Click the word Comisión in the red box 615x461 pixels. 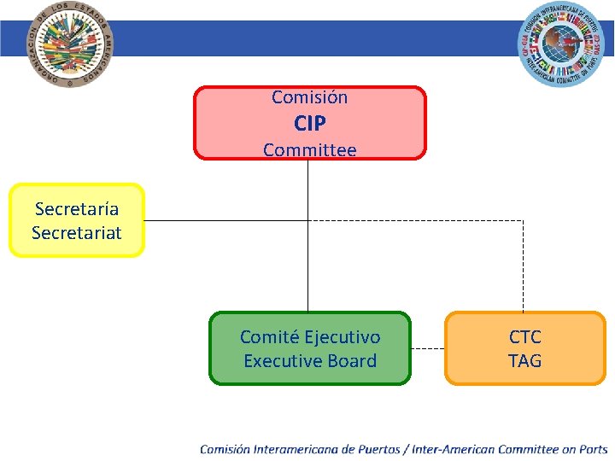tap(309, 97)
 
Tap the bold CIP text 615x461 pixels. tap(309, 124)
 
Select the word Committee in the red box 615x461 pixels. tap(309, 150)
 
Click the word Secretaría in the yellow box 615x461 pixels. tap(77, 209)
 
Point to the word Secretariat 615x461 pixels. tap(77, 232)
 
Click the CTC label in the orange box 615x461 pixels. tap(524, 337)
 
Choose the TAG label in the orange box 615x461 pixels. tap(524, 361)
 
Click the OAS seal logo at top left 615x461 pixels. tap(70, 44)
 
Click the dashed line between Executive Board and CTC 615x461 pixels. tap(427, 349)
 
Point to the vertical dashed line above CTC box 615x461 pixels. tap(523, 265)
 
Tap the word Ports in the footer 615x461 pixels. tap(593, 449)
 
